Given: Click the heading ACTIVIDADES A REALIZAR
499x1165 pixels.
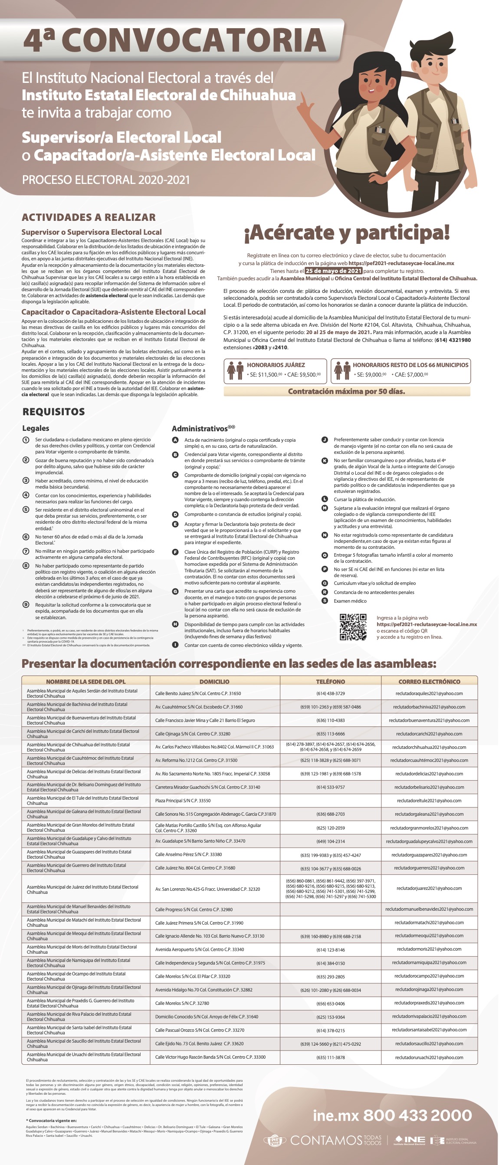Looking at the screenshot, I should pos(89,217).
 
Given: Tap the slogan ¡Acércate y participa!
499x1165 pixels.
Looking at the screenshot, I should pos(347,233).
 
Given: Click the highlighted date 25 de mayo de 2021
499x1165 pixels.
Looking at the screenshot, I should pos(333,271).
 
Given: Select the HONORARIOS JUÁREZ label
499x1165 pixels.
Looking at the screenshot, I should pos(276,365).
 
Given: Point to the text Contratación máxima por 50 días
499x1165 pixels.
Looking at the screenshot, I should pos(347,391).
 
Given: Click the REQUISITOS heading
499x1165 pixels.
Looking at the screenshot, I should pos(53,412).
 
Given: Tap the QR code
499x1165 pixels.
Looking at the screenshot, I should pos(353,627).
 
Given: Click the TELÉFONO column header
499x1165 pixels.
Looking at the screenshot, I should pos(330,682).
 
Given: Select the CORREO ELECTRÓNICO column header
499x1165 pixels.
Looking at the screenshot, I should pos(429,682).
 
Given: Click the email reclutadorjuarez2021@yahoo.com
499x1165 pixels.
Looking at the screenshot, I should pos(429,888).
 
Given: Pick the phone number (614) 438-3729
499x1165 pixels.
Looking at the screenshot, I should pos(330,693).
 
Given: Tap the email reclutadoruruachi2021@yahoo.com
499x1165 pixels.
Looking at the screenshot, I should pos(429,1057).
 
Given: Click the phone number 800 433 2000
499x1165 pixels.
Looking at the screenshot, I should pos(417,1115).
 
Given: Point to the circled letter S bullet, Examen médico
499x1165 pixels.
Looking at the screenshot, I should pos(325,601).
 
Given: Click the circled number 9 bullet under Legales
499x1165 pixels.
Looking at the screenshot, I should pos(26,605).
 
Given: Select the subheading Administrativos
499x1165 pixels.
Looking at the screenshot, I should pos(199,428).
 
